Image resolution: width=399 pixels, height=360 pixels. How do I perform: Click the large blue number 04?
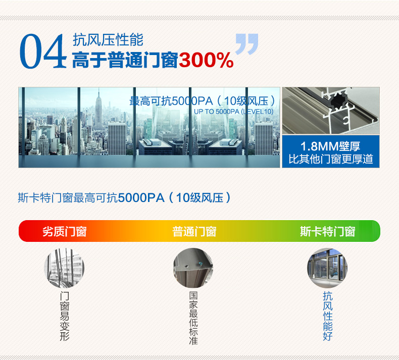42,51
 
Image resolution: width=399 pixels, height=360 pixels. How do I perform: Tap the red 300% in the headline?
206,60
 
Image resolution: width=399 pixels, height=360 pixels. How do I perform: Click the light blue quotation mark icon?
246,44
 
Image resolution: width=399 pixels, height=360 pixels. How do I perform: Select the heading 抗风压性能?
108,40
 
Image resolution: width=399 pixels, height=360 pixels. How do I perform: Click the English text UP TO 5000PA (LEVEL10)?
234,112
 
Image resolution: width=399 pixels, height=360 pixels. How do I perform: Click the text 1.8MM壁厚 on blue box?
330,146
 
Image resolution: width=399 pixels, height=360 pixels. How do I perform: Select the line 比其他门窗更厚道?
331,159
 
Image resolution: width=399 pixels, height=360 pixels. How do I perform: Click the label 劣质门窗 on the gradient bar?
65,232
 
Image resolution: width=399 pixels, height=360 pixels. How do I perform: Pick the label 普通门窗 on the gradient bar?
194,232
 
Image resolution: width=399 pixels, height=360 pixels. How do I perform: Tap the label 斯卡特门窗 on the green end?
327,232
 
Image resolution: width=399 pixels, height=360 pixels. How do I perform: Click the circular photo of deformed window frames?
64,268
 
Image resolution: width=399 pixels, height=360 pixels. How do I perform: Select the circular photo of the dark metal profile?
193,268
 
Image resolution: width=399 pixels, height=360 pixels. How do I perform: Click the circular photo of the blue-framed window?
327,268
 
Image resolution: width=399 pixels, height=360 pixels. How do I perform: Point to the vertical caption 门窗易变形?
64,316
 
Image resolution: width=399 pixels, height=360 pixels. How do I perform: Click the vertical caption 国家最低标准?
193,318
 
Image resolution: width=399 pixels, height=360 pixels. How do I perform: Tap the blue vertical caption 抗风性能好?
328,316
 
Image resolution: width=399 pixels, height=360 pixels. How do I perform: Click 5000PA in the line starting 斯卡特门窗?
141,198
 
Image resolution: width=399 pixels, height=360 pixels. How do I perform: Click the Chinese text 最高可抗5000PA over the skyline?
171,101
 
